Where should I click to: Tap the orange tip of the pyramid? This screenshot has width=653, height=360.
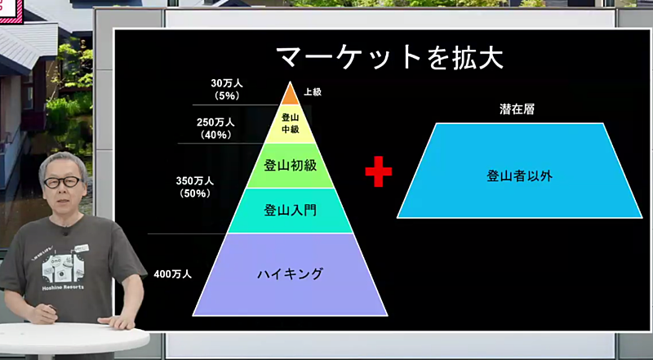291,95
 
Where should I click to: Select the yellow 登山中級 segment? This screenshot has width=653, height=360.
291,124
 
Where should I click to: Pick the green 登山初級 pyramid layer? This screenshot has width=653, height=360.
291,166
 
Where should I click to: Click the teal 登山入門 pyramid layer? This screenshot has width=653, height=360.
291,211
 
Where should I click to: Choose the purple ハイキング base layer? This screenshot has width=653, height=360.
291,274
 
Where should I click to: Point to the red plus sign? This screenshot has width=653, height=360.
379,171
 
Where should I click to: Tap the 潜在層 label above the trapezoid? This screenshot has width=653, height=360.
517,109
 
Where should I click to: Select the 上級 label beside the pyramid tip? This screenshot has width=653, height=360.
313,92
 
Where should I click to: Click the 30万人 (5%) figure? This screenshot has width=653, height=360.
227,89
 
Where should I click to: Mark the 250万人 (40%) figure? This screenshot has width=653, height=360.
215,128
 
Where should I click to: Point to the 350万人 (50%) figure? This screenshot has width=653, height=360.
195,187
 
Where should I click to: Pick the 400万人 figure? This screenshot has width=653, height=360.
173,274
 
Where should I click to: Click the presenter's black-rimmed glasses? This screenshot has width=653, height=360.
63,182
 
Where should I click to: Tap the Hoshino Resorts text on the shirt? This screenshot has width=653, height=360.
63,287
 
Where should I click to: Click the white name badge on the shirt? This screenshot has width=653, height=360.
82,248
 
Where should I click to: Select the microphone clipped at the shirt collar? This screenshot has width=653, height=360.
64,230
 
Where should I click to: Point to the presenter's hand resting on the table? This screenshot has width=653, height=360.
118,321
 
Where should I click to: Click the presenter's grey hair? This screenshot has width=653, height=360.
64,162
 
